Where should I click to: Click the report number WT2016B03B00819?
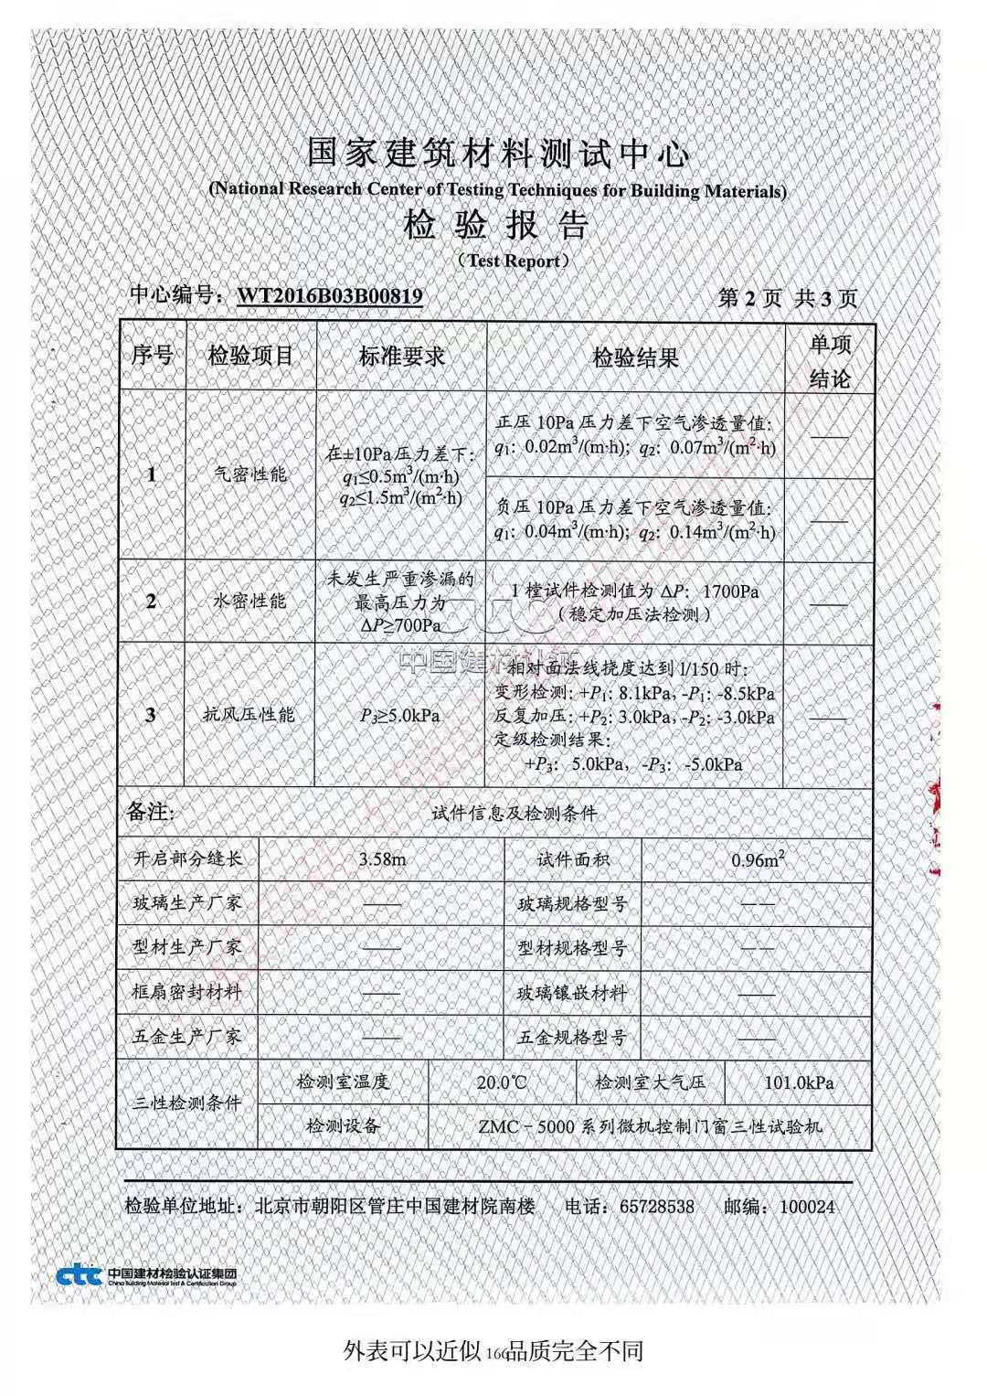coord(330,295)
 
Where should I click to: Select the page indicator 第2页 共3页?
coord(788,298)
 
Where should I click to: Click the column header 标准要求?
coord(401,357)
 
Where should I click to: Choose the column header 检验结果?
coord(635,357)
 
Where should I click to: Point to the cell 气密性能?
coord(249,474)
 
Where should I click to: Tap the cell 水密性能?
coord(249,601)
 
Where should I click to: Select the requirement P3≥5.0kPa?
coord(400,715)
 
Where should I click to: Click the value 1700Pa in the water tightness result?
coord(731,591)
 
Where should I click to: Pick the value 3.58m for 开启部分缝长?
coord(382,859)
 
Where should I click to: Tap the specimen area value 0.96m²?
coord(758,859)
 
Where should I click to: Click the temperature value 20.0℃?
coord(502,1082)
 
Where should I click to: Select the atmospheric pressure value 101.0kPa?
coord(799,1082)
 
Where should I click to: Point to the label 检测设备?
coord(343,1125)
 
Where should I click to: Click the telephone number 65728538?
coord(656,1207)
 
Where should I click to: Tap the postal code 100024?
coord(807,1207)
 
